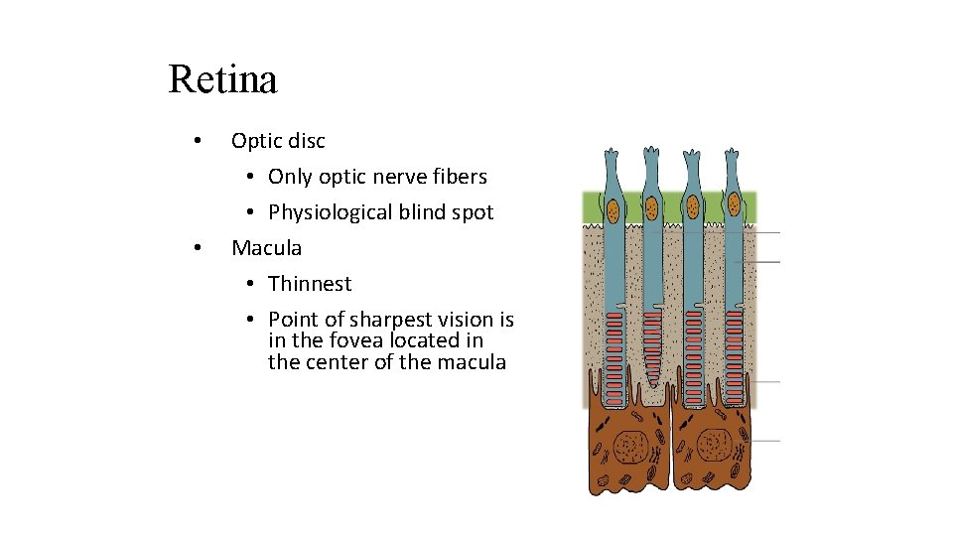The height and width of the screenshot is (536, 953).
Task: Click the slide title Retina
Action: pos(222,79)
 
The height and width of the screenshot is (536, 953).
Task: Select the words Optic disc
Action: pos(278,141)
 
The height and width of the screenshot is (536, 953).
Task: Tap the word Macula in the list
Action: pos(266,248)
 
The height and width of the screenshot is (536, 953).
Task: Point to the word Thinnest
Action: pos(310,284)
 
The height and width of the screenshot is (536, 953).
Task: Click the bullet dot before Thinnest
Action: pos(251,284)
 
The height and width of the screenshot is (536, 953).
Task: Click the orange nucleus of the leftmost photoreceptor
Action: pos(613,210)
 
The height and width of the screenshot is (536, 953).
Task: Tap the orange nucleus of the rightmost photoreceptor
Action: pos(734,204)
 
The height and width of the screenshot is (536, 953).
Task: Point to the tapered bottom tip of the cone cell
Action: pos(653,385)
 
